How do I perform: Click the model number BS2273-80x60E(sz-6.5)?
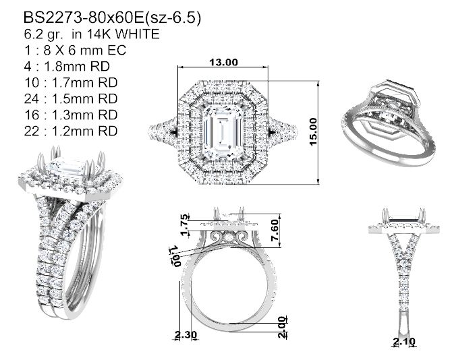(x=112, y=18)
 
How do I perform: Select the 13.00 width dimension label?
(x=223, y=62)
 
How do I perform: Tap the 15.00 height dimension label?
(x=314, y=131)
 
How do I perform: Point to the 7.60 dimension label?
(x=275, y=231)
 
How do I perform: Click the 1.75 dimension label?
(x=185, y=224)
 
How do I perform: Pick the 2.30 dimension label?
(x=186, y=334)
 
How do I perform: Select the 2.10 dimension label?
(x=404, y=341)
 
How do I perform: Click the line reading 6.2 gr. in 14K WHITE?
(x=92, y=34)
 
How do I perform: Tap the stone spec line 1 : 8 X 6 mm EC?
(x=75, y=51)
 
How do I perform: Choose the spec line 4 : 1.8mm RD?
(x=67, y=67)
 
